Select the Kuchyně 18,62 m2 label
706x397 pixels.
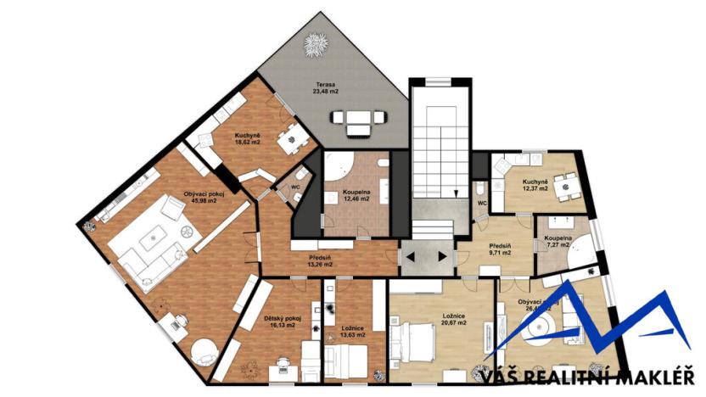point(247,139)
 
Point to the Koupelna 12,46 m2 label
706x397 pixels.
point(356,197)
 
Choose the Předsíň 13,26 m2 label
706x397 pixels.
point(319,260)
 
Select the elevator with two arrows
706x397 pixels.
point(425,254)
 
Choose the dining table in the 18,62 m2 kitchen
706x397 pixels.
point(292,135)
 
